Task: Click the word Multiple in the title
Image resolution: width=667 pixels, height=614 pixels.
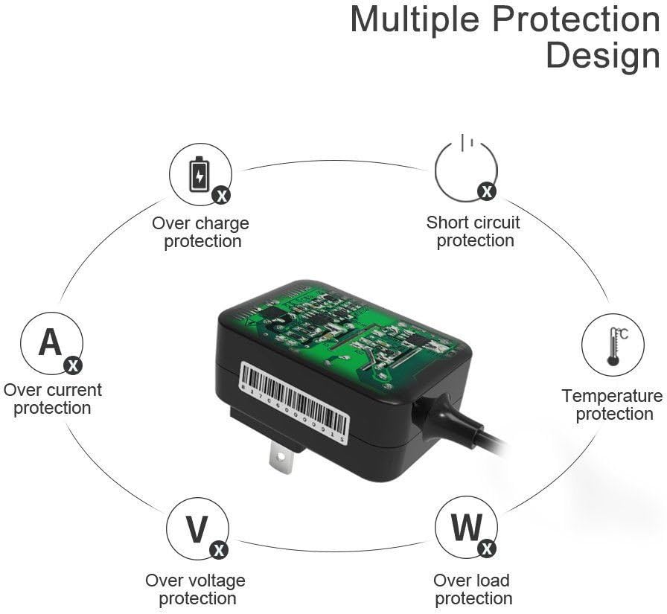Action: coord(416,20)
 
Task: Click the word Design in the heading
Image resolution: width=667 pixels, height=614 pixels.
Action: coord(603,56)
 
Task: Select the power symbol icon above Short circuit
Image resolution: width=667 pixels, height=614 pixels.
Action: coord(466,168)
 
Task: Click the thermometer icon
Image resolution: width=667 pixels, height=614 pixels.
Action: coord(613,347)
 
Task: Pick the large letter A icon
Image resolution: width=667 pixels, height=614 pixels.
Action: coord(50,342)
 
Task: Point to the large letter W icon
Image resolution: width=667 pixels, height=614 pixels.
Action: coord(467,527)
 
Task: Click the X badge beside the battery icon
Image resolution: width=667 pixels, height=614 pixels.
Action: coord(222,196)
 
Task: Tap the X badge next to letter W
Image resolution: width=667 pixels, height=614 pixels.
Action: coord(487,549)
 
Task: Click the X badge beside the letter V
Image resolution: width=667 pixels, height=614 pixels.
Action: coord(219,550)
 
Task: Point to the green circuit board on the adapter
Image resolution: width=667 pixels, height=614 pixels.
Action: coord(345,331)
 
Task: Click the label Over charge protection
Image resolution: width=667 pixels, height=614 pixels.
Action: coord(201,232)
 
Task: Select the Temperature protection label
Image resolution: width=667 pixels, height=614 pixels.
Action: coord(613,405)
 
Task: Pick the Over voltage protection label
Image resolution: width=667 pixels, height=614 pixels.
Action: coord(196,589)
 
